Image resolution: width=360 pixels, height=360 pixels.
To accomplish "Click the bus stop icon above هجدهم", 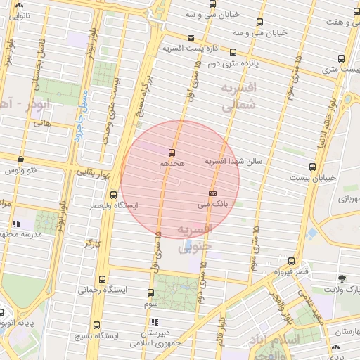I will (172, 152).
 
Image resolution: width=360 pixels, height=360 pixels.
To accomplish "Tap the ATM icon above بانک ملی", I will (212, 193).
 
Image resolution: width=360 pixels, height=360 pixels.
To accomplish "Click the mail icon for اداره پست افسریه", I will (191, 38).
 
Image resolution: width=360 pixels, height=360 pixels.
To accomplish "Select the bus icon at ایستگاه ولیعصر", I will (114, 195).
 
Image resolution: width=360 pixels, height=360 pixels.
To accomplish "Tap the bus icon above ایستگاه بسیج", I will (96, 325).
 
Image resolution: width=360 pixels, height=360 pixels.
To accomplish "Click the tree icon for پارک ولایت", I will (342, 278).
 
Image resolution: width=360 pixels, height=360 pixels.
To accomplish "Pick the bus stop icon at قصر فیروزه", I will (291, 261).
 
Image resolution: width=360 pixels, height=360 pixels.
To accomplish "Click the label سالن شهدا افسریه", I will (233, 161).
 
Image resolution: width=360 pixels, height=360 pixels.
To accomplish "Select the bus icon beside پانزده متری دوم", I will (233, 53).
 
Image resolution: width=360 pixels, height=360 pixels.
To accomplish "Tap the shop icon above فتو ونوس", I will (20, 160).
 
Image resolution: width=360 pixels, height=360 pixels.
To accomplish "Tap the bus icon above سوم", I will (150, 292).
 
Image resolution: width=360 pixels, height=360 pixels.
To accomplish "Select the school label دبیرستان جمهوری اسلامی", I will (156, 338).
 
